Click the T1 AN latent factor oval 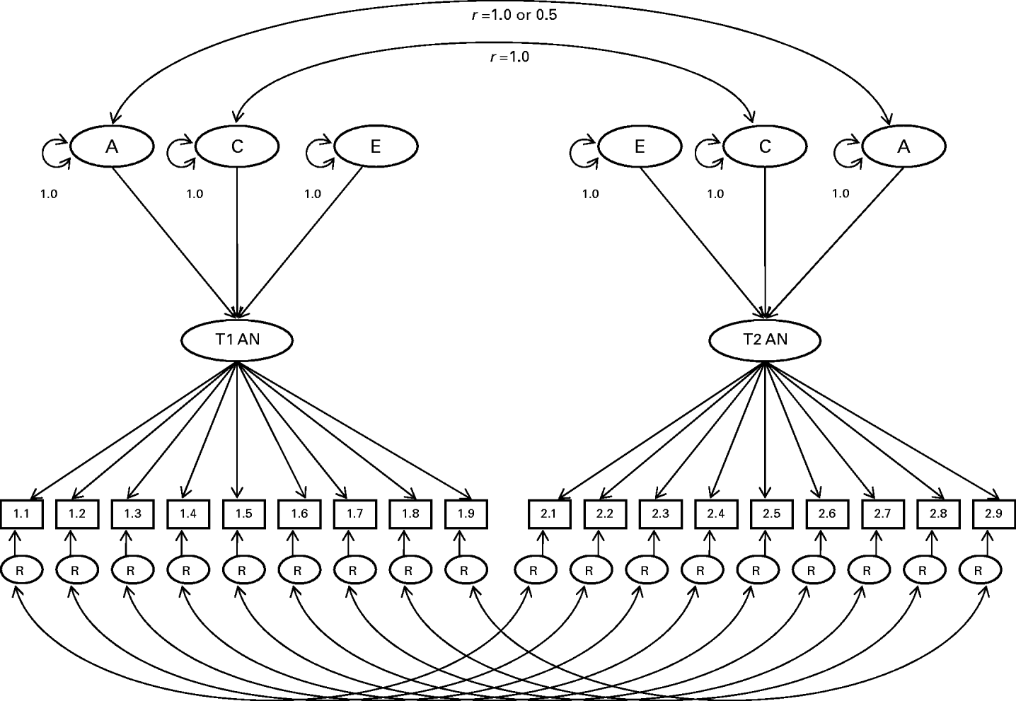point(237,340)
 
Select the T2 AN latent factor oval point(765,340)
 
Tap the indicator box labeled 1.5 point(243,514)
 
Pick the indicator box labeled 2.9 point(993,514)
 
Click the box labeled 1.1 point(22,514)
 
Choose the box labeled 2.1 point(549,514)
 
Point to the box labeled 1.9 point(466,514)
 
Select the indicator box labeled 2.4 point(715,514)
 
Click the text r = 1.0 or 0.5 point(514,15)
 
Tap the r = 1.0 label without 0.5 point(509,57)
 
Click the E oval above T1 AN point(375,146)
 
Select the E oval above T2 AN point(640,146)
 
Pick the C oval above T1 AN point(237,146)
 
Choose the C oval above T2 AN point(765,146)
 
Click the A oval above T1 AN point(112,146)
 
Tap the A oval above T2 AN point(904,146)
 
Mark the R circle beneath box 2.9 point(979,570)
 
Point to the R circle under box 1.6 point(297,570)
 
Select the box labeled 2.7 point(882,514)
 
